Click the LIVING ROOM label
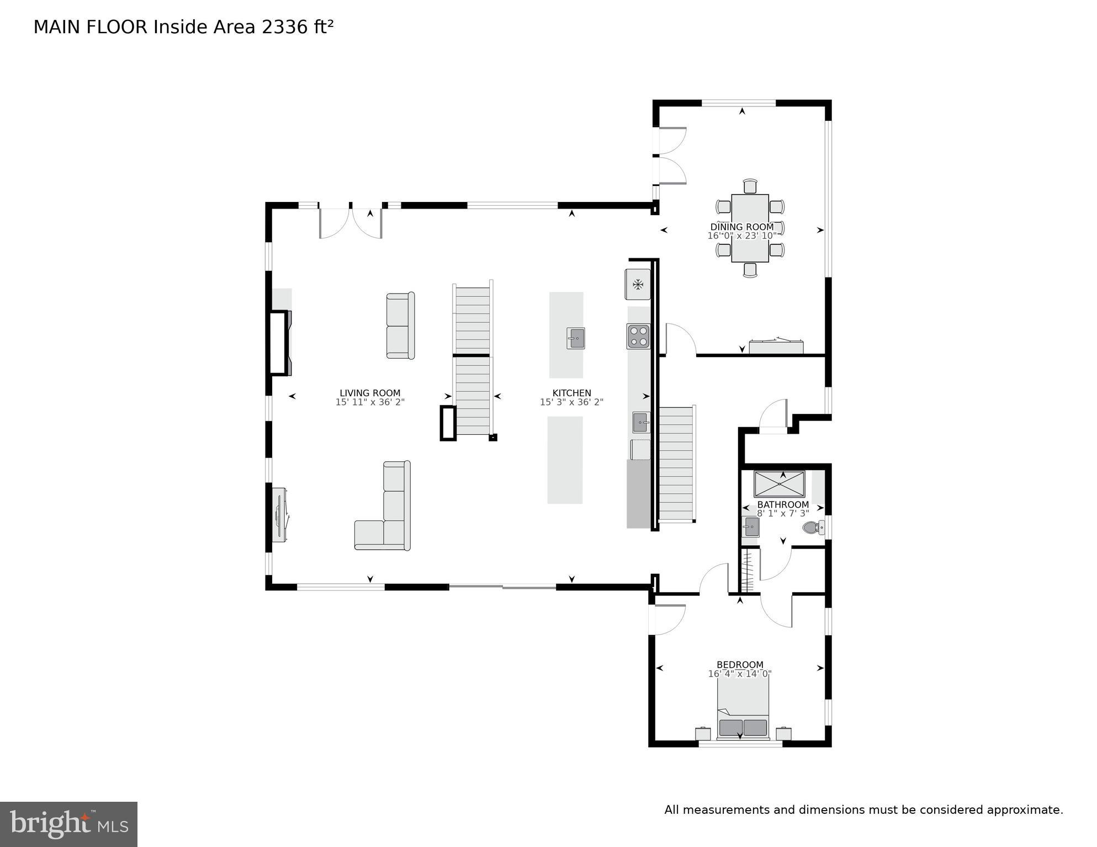tap(370, 393)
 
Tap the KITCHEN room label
tap(571, 393)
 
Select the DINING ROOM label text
tap(741, 227)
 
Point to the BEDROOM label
tap(740, 665)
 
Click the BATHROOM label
tap(782, 504)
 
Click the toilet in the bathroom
tap(811, 528)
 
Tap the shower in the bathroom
tap(779, 484)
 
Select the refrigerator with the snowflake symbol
tap(638, 285)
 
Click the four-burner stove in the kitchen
tap(638, 337)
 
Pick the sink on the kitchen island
tap(575, 338)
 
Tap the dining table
tap(750, 228)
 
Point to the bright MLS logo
tap(68, 824)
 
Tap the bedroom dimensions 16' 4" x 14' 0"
tap(740, 674)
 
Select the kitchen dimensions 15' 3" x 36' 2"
tap(571, 402)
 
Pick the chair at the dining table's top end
tap(750, 186)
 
